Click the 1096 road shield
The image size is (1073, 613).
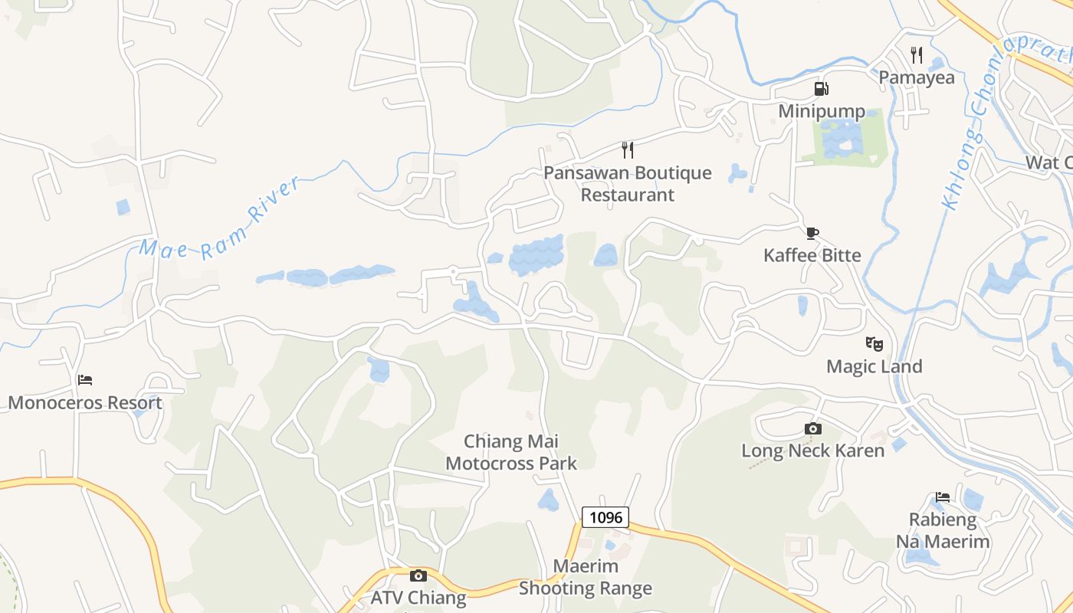coord(605,517)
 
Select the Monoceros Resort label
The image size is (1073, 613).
coord(85,403)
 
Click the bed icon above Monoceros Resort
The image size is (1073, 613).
coord(85,380)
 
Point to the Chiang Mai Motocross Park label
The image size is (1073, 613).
coord(511,452)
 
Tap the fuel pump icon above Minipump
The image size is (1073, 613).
coord(822,89)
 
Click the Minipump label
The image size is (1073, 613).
coord(822,112)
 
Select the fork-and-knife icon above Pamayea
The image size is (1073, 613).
coord(917,54)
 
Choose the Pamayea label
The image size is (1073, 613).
coord(917,77)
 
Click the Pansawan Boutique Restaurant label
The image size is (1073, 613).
coord(628,184)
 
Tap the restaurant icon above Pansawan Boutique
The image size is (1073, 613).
coord(628,149)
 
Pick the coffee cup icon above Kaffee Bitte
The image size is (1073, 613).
coord(812,233)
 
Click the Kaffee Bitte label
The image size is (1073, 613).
coord(812,255)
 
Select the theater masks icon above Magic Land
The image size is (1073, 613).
coord(874,343)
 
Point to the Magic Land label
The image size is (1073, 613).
coord(874,366)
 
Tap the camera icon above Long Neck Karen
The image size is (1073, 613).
coord(813,428)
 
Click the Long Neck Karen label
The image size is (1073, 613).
coord(813,451)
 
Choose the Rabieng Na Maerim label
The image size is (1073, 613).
coord(943,530)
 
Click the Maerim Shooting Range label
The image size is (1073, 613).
coord(586,578)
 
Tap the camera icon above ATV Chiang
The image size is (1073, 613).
coord(418,575)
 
